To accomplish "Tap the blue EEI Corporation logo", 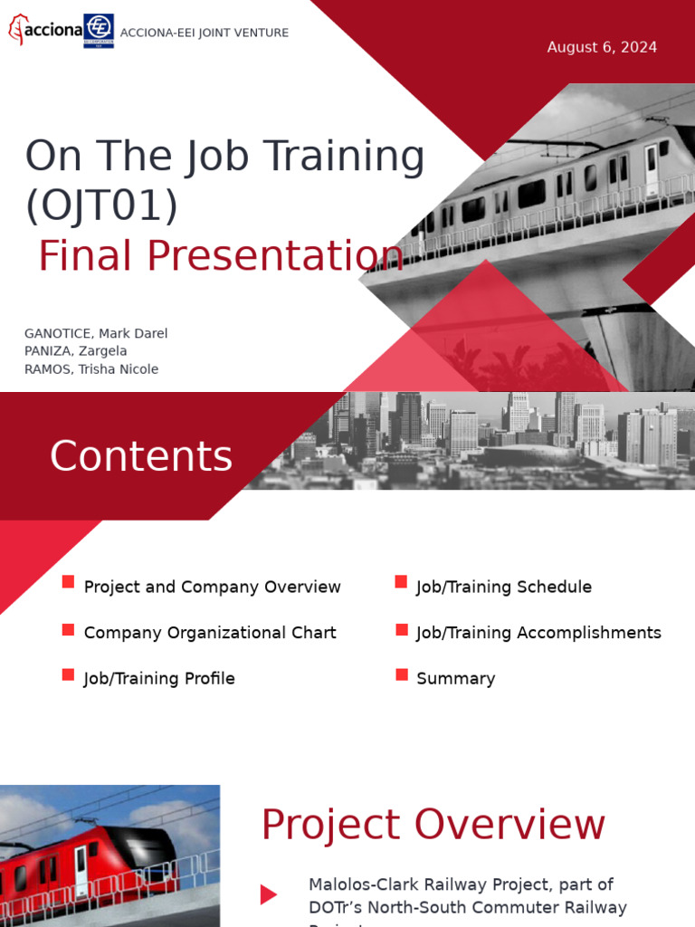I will pyautogui.click(x=99, y=30).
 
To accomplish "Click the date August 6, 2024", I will pyautogui.click(x=602, y=47).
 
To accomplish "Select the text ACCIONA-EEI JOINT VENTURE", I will pyautogui.click(x=205, y=33).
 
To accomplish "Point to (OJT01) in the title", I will pyautogui.click(x=101, y=205).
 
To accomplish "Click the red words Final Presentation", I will pyautogui.click(x=221, y=255).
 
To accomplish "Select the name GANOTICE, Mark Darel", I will pyautogui.click(x=96, y=333).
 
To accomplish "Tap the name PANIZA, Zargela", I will pyautogui.click(x=76, y=351).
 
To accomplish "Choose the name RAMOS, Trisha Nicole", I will pyautogui.click(x=91, y=369).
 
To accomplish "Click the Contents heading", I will pyautogui.click(x=141, y=456).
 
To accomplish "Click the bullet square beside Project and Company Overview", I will pyautogui.click(x=68, y=582).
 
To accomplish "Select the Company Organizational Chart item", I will pyautogui.click(x=210, y=633).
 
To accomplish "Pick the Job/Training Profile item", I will pyautogui.click(x=159, y=679).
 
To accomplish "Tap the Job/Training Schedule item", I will pyautogui.click(x=504, y=588).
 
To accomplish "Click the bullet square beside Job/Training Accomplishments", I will pyautogui.click(x=401, y=628).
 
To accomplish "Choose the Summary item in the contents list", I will pyautogui.click(x=455, y=679).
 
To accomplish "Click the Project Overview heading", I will pyautogui.click(x=433, y=825).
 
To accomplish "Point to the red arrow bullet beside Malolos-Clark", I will pyautogui.click(x=269, y=895).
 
